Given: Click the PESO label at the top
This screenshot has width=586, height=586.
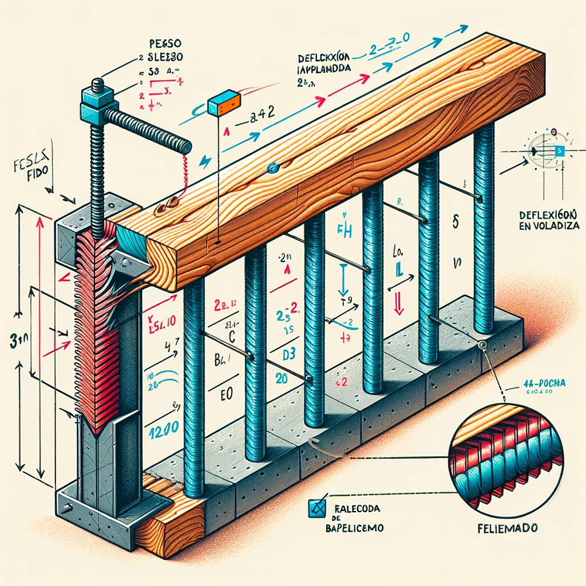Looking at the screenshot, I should (164, 43).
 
